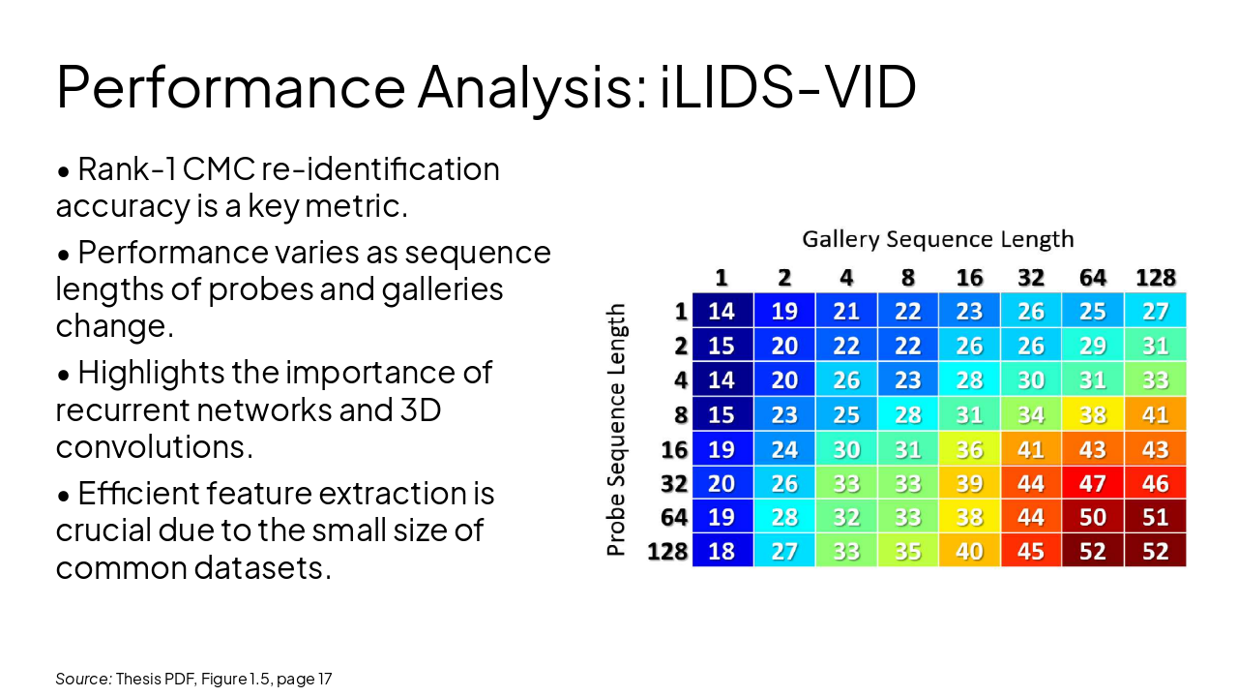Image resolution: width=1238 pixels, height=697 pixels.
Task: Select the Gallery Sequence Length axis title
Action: click(x=937, y=239)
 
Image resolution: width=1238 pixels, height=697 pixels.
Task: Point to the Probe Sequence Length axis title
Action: click(x=616, y=431)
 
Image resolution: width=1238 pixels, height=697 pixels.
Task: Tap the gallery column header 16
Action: click(x=969, y=278)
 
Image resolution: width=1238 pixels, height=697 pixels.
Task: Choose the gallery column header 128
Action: click(x=1155, y=278)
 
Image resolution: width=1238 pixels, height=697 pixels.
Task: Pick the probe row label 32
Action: click(x=673, y=483)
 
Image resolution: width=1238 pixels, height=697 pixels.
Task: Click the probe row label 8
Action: click(x=680, y=414)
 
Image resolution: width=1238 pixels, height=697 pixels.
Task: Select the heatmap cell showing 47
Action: click(x=1093, y=483)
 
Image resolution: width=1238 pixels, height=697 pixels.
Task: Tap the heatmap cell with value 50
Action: click(x=1093, y=517)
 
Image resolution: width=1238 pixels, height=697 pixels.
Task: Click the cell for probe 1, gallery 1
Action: click(x=722, y=311)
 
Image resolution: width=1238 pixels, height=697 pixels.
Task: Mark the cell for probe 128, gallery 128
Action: click(x=1155, y=552)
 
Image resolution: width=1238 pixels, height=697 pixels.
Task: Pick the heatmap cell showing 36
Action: click(x=969, y=449)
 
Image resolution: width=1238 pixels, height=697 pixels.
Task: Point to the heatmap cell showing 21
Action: click(x=845, y=311)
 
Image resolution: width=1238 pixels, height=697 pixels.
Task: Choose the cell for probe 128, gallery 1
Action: click(x=722, y=552)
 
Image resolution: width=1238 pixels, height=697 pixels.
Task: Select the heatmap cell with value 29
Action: click(x=1093, y=346)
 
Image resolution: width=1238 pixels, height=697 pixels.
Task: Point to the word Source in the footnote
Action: click(x=81, y=680)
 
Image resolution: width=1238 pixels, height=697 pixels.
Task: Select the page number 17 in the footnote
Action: click(x=324, y=680)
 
